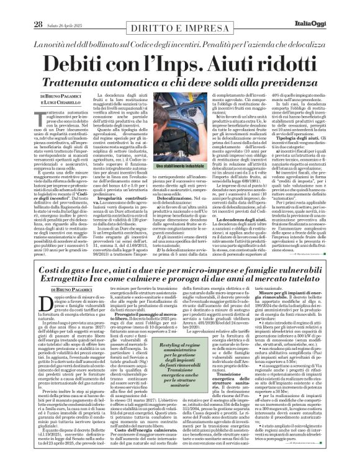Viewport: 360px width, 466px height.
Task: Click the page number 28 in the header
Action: click(x=37, y=24)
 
